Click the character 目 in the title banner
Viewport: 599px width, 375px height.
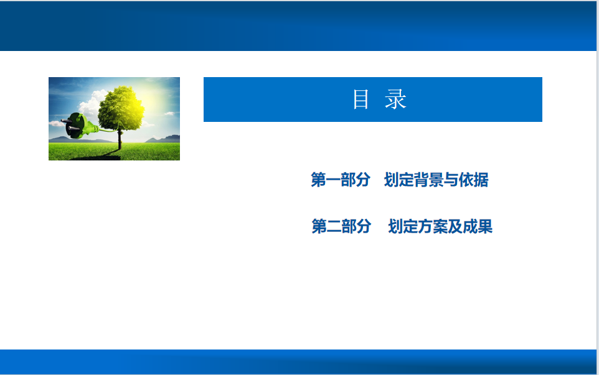pos(361,100)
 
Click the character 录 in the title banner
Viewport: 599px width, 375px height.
pos(395,100)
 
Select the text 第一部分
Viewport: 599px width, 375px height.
pos(341,180)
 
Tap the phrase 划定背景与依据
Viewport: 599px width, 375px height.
pos(436,180)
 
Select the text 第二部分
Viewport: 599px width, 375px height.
pos(341,226)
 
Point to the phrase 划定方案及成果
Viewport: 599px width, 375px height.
pos(440,226)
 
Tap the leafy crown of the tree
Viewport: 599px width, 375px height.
pos(121,108)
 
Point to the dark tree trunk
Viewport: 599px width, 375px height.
pos(120,140)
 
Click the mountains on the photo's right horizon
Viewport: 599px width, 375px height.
pos(164,139)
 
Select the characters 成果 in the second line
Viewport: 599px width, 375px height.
pos(478,226)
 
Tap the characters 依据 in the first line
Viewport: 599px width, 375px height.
pos(474,180)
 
